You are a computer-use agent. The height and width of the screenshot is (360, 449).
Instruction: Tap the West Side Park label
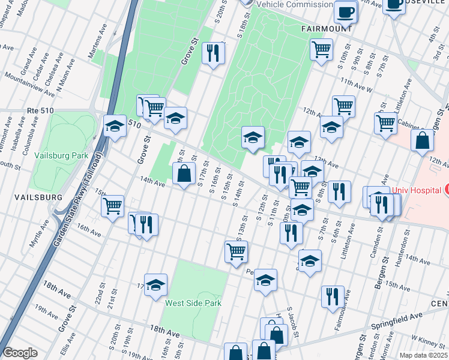coord(193,303)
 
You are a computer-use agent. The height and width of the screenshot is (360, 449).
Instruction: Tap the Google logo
coord(20,353)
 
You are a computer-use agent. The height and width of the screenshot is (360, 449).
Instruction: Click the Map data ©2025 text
coord(423,355)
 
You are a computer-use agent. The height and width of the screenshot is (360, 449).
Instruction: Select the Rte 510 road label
coord(41,110)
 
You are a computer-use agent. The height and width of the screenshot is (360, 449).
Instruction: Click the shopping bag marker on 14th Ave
coord(184,174)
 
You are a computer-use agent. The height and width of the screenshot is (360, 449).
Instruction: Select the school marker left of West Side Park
coord(155,285)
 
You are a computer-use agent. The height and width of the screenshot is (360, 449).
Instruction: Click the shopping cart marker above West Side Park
coord(236,251)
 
